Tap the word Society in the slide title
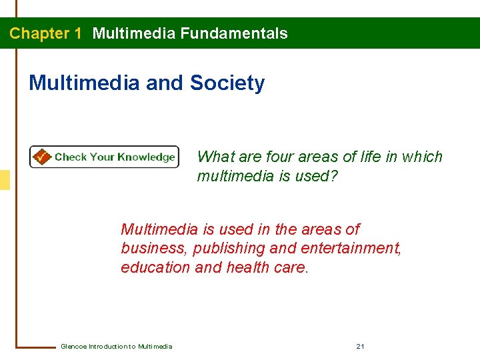pyautogui.click(x=227, y=83)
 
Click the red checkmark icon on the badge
pyautogui.click(x=41, y=157)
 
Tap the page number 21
pyautogui.click(x=360, y=346)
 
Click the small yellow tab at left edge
pyautogui.click(x=5, y=180)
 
